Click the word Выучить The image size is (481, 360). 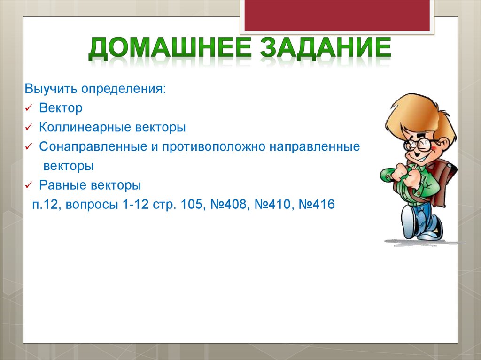pos(52,89)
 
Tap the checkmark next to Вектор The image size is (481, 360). pos(29,108)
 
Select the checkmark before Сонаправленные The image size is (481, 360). pos(29,147)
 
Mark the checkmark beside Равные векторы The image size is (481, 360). pos(29,185)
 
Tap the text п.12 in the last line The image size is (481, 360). pos(46,205)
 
